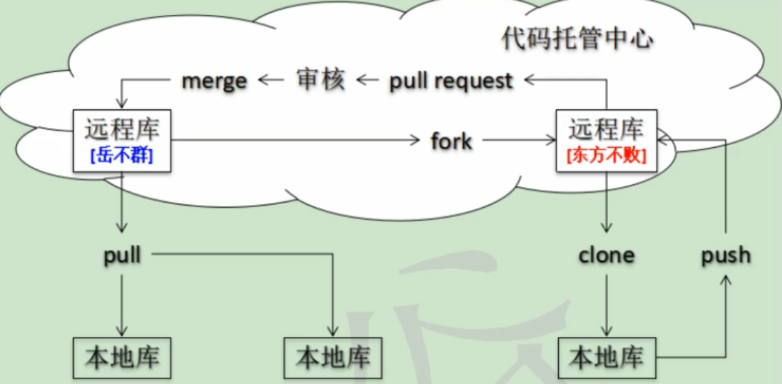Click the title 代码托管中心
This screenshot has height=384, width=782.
pos(577,39)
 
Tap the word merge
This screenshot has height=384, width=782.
pos(214,80)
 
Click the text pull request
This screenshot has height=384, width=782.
pos(451,80)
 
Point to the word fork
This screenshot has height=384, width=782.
pos(451,140)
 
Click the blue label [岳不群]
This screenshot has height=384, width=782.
pos(122,155)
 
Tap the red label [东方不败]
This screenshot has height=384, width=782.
pos(606,155)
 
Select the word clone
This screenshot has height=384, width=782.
pos(606,255)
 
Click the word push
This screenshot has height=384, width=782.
pos(726,255)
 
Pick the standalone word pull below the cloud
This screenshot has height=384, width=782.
pos(122,255)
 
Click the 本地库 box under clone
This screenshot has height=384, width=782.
pos(606,357)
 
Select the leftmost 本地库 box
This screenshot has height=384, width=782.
pos(122,357)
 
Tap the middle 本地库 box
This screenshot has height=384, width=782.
pos(333,357)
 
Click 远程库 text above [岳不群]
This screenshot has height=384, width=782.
pos(122,130)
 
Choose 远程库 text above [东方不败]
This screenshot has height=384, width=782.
pos(606,130)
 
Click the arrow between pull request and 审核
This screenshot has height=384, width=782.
pos(368,80)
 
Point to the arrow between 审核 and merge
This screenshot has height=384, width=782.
pos(271,80)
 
